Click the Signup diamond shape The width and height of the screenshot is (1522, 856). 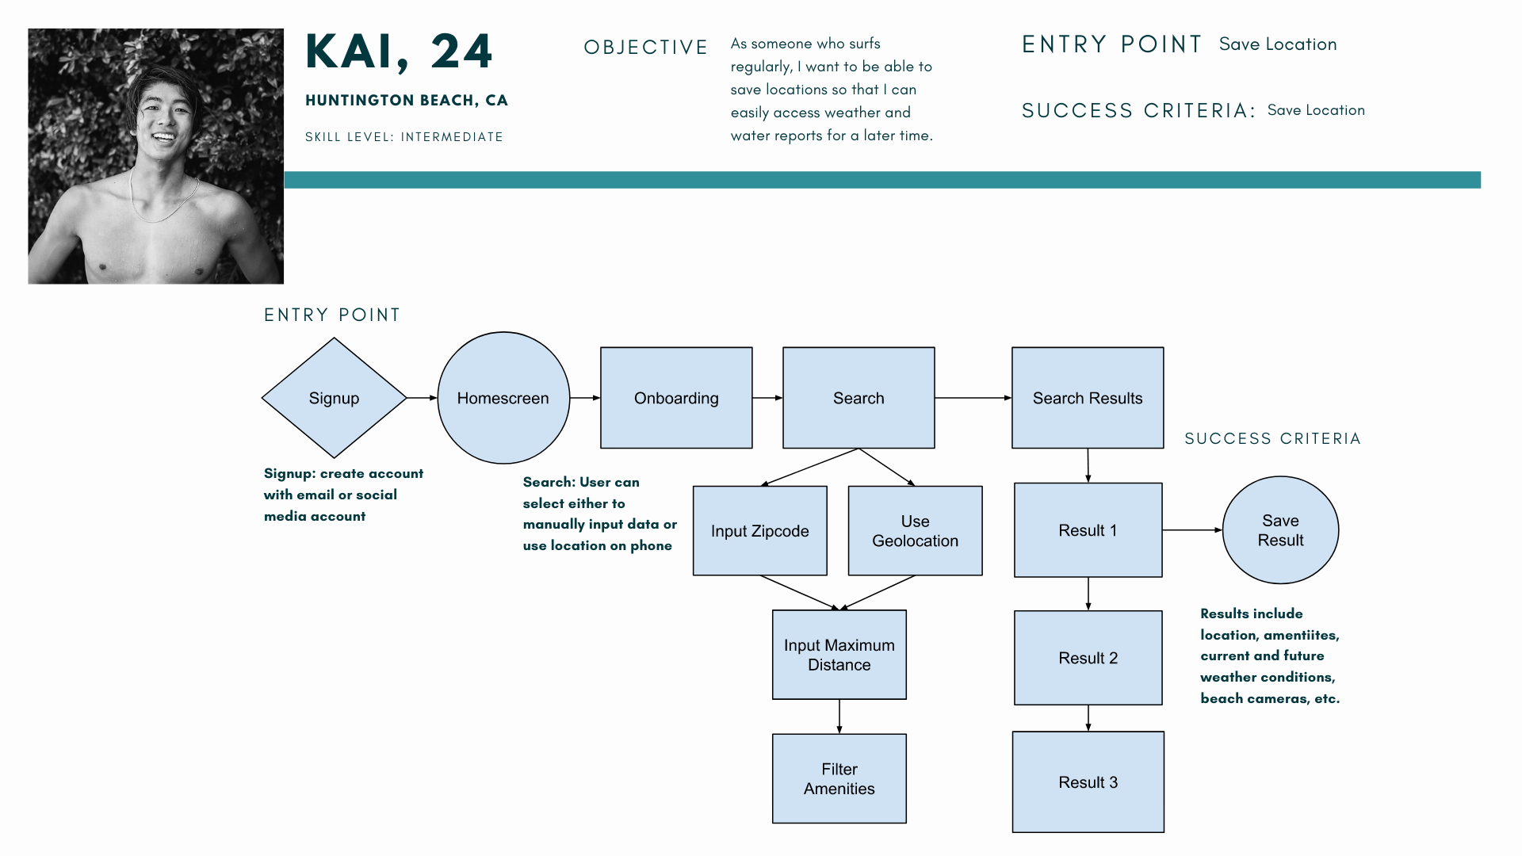coord(334,398)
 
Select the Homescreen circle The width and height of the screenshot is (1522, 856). coord(503,398)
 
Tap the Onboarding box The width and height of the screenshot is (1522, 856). coord(676,398)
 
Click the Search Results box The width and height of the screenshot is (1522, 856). coord(1088,398)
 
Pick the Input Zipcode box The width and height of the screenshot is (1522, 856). coord(760,531)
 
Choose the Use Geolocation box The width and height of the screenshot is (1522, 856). coord(916,531)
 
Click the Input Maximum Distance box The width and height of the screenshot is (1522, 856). coord(839,655)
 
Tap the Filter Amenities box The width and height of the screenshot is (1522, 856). coord(839,778)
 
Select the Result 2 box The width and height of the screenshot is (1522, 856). coord(1088,658)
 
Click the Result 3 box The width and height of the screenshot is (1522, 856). coord(1088,782)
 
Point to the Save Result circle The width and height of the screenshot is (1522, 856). coord(1281,530)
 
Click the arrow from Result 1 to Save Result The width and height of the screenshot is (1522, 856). coord(1193,530)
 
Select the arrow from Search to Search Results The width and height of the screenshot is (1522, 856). coord(973,398)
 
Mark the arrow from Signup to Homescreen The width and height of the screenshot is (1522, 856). coord(422,398)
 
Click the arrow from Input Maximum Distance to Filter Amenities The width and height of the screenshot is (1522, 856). coord(839,717)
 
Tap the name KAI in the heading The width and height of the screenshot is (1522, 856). coord(349,52)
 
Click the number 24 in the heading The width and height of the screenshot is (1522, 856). coord(461,52)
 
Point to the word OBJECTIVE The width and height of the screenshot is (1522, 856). coord(646,48)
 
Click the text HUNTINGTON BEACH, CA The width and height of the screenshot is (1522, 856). coord(407,101)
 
